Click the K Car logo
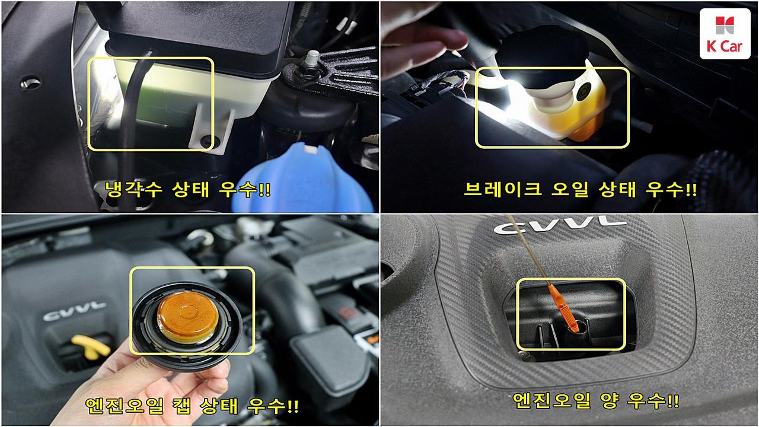[x=725, y=34]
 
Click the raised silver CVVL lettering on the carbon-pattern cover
[x=559, y=225]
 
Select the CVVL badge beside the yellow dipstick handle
[x=75, y=311]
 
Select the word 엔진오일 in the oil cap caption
[x=124, y=405]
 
